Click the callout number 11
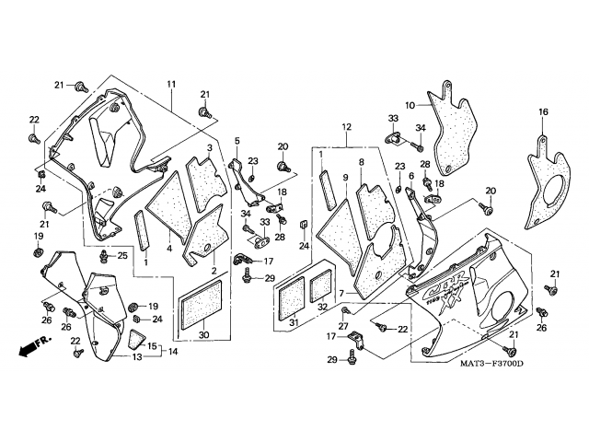pyautogui.click(x=171, y=85)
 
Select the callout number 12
pyautogui.click(x=346, y=126)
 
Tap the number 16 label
pyautogui.click(x=543, y=112)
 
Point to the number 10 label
pyautogui.click(x=410, y=105)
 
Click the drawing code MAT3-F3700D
pyautogui.click(x=492, y=365)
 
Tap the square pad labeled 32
pyautogui.click(x=324, y=285)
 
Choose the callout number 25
pyautogui.click(x=122, y=254)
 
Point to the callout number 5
pyautogui.click(x=236, y=141)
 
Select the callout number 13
pyautogui.click(x=135, y=356)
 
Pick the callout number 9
pyautogui.click(x=346, y=177)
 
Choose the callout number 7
pyautogui.click(x=341, y=294)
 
